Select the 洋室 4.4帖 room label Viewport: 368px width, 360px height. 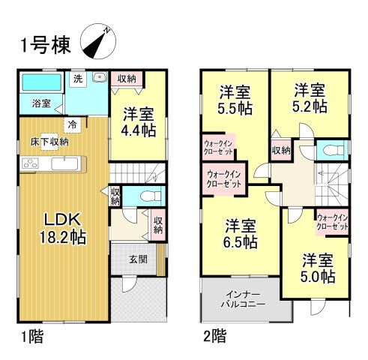click(x=139, y=124)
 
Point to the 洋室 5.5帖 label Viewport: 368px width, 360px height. click(x=235, y=99)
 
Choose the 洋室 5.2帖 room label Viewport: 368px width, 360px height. click(x=310, y=98)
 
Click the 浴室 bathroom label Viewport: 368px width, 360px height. click(x=41, y=104)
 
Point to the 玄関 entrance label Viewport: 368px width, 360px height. click(x=137, y=259)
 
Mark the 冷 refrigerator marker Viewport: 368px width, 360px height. click(x=73, y=124)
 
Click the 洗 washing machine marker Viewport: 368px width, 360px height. click(x=77, y=78)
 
